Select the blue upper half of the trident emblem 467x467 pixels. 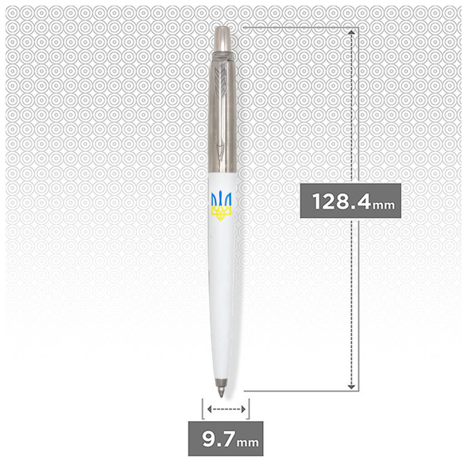point(221,199)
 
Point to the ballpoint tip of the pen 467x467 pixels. point(221,393)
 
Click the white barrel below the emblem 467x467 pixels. point(222,283)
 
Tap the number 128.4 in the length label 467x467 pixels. point(341,201)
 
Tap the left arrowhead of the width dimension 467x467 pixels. point(209,409)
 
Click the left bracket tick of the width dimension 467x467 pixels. point(202,409)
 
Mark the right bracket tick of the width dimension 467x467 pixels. point(249,409)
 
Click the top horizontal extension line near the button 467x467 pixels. point(296,27)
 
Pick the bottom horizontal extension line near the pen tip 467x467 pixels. point(296,391)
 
